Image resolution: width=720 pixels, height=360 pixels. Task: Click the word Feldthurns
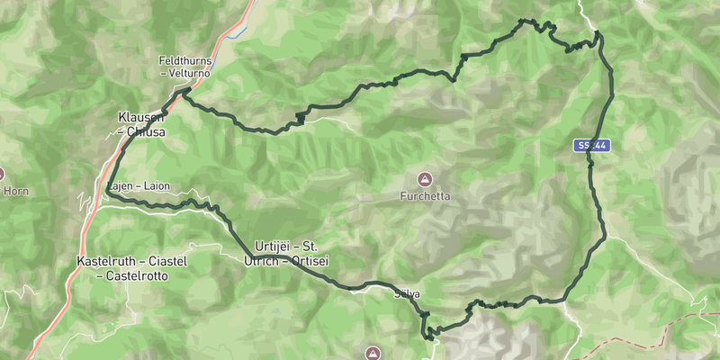pyautogui.click(x=185, y=61)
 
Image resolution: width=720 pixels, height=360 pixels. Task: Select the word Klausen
pyautogui.click(x=137, y=117)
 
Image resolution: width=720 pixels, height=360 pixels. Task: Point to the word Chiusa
pyautogui.click(x=146, y=130)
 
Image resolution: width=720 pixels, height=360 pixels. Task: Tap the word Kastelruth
pyautogui.click(x=105, y=261)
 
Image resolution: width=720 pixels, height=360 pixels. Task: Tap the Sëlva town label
pyautogui.click(x=407, y=294)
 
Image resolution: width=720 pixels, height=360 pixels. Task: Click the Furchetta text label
pyautogui.click(x=426, y=195)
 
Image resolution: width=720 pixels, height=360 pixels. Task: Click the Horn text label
pyautogui.click(x=16, y=191)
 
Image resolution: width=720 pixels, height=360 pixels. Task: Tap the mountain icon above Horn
pyautogui.click(x=2, y=174)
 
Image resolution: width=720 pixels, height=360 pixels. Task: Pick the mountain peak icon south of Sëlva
pyautogui.click(x=374, y=352)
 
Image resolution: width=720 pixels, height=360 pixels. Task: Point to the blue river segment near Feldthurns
pyautogui.click(x=236, y=36)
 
